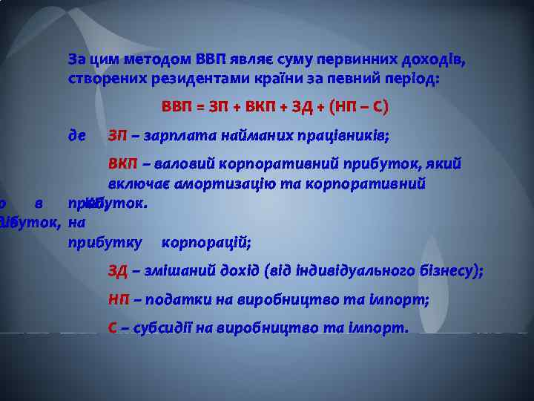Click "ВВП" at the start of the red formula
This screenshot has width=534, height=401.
point(176,107)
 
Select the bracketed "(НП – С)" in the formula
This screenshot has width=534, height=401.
point(359,107)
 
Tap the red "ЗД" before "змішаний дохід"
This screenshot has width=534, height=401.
point(118,271)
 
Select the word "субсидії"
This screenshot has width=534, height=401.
point(164,327)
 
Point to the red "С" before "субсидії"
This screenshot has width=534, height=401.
point(113,327)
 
